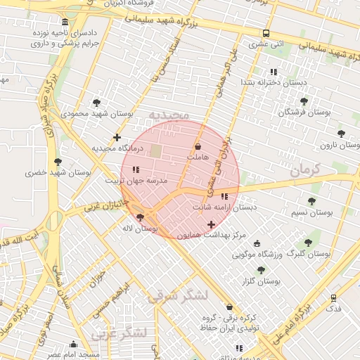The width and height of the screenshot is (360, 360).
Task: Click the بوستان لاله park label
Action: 141,229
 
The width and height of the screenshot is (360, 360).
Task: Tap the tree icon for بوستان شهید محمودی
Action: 96,103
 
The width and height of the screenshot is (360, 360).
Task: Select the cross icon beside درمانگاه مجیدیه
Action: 117,137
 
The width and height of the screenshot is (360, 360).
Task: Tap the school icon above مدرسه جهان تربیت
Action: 136,169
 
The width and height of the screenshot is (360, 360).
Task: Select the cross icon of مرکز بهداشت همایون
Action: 211,224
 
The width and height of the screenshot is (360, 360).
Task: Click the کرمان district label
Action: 304,169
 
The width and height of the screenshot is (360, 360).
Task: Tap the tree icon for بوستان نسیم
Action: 311,201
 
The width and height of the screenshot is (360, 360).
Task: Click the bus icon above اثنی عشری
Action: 266,33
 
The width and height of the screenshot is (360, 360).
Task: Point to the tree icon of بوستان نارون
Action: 341,133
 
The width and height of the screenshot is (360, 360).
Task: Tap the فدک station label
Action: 334,309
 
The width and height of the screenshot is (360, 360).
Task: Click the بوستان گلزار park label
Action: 261,281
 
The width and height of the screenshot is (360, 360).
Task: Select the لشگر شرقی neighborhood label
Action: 177,297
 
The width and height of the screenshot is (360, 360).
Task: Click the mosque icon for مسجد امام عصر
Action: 73,344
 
